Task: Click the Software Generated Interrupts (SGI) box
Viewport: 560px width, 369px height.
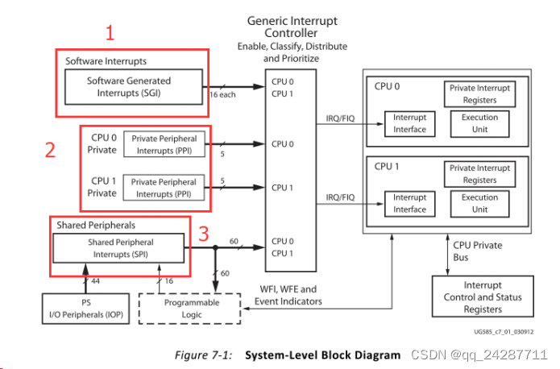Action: coord(129,87)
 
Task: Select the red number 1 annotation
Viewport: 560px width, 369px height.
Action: coord(111,33)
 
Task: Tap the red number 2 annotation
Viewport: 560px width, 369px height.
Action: coord(50,150)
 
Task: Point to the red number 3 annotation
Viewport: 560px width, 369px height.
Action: coord(204,234)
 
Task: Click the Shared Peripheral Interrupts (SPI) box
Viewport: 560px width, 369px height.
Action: coord(120,248)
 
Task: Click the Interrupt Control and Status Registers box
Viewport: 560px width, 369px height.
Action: coord(482,297)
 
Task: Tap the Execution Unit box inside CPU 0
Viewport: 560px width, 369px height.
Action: coord(479,123)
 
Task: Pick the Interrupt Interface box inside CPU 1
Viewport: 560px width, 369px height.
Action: coord(409,204)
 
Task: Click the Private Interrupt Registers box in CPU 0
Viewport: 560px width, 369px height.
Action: coord(479,93)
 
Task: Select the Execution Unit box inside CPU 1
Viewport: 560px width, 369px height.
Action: coord(479,204)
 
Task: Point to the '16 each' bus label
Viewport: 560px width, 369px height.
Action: coord(223,95)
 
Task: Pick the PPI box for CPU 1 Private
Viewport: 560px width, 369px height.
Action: coord(164,188)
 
